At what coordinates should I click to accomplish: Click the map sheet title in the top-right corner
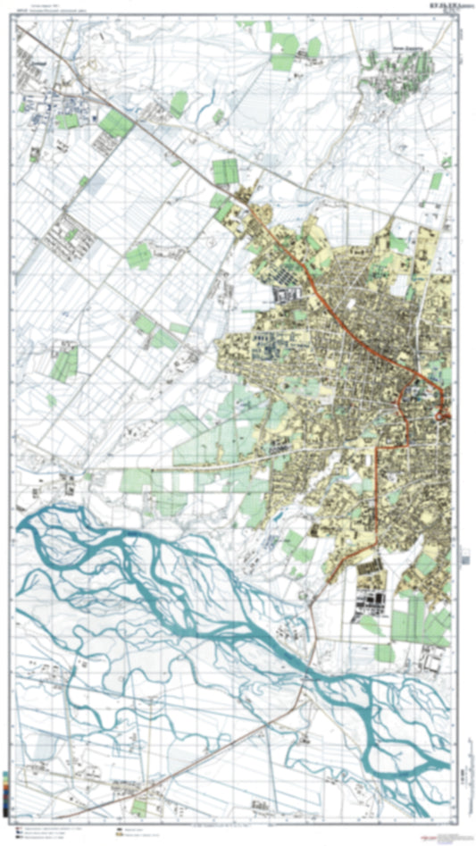(438, 5)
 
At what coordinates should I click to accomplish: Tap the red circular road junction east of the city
(441, 413)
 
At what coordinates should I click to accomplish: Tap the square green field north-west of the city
(226, 171)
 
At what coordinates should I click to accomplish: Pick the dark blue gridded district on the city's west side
(288, 296)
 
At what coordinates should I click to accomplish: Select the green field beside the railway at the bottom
(139, 806)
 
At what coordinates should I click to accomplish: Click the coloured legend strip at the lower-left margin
(6, 795)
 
